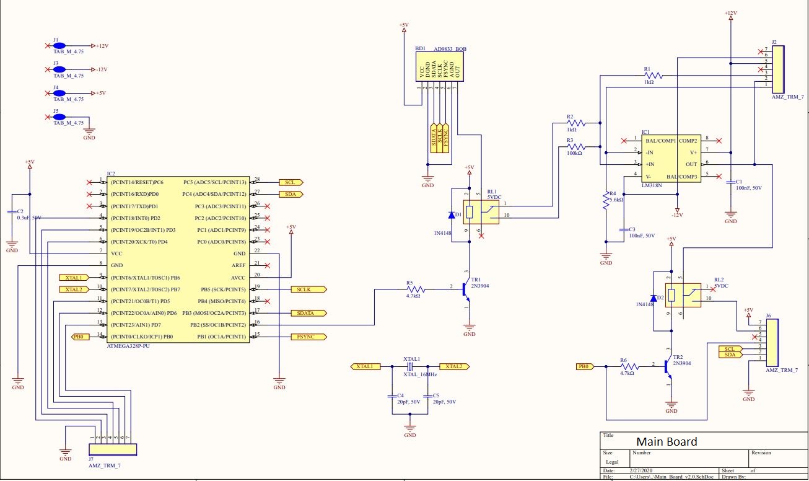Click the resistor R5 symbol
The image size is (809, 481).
point(414,289)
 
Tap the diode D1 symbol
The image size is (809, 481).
point(452,216)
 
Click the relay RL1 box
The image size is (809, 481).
point(474,213)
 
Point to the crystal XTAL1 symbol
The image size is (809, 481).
point(409,367)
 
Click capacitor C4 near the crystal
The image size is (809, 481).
point(391,395)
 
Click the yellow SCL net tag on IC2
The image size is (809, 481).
point(291,182)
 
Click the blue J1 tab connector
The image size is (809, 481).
point(60,46)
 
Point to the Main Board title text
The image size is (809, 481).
point(667,442)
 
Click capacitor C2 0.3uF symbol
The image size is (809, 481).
point(11,213)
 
